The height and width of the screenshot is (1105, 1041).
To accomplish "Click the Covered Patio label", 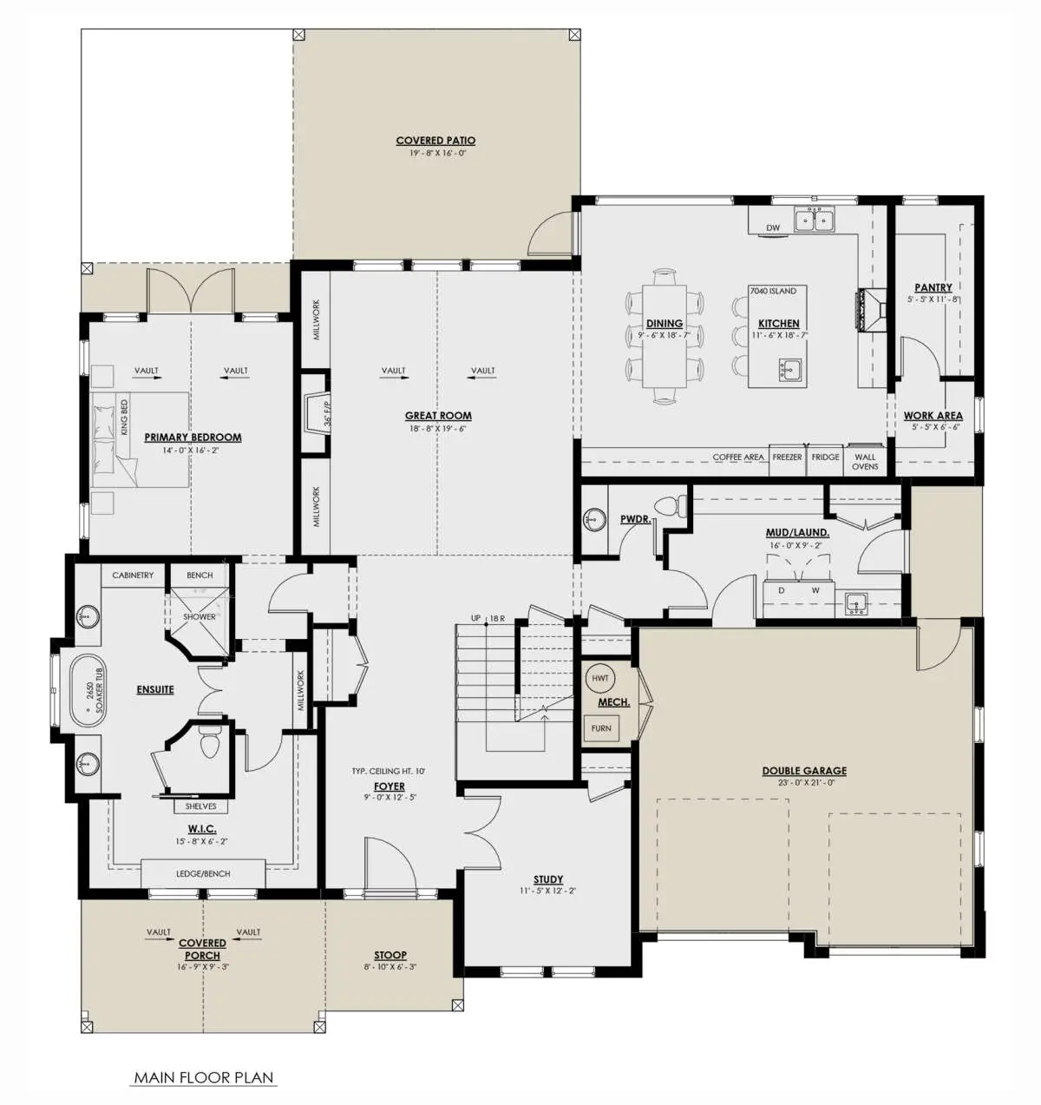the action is coord(435,141).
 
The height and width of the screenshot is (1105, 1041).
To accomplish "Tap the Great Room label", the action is coord(438,415).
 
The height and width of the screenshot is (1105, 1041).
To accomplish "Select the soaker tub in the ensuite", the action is coord(87,690).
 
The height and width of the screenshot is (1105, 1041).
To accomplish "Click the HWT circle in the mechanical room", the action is coord(600,678).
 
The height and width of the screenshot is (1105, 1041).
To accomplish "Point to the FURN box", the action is coord(601,728).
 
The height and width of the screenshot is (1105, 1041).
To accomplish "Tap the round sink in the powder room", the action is coord(594,520).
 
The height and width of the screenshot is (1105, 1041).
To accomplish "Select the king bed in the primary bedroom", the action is coord(141,439).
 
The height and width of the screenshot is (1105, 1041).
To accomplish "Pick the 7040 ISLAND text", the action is coord(773,291).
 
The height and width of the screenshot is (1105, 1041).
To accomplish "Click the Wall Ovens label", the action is coord(865,462).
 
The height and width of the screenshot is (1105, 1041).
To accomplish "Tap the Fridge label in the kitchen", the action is coord(825,457).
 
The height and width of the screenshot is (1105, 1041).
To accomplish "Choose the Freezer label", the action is coord(787,457).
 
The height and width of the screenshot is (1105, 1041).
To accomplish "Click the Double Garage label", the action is coord(804,771).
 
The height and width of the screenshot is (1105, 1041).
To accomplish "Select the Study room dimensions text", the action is coord(547,891).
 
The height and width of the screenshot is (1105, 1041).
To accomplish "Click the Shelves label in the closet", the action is coord(200,806).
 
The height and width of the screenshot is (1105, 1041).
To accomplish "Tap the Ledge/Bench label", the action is coord(203,873).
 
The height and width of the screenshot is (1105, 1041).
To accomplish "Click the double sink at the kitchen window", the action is coord(815,219).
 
